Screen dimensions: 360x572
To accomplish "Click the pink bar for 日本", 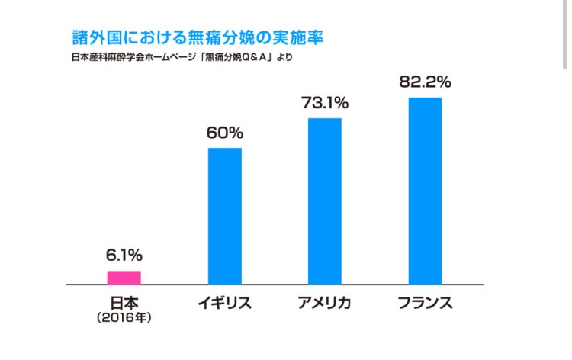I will coord(124,278).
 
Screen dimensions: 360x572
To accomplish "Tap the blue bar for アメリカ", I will coord(324,201).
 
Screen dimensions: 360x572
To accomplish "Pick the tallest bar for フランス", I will coord(425,191).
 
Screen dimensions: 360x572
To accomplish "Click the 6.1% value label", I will coord(124,255).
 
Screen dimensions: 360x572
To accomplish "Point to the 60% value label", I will coord(224,132).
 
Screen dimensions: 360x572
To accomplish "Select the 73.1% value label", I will coord(324,102).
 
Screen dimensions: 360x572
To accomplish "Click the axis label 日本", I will coord(124,303).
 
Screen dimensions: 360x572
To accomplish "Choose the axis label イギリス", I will coord(224,304).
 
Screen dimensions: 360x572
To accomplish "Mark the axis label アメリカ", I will coord(324,304).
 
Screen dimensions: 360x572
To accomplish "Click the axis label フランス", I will coord(425,304).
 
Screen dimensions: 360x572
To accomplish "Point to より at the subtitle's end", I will coord(284,57).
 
